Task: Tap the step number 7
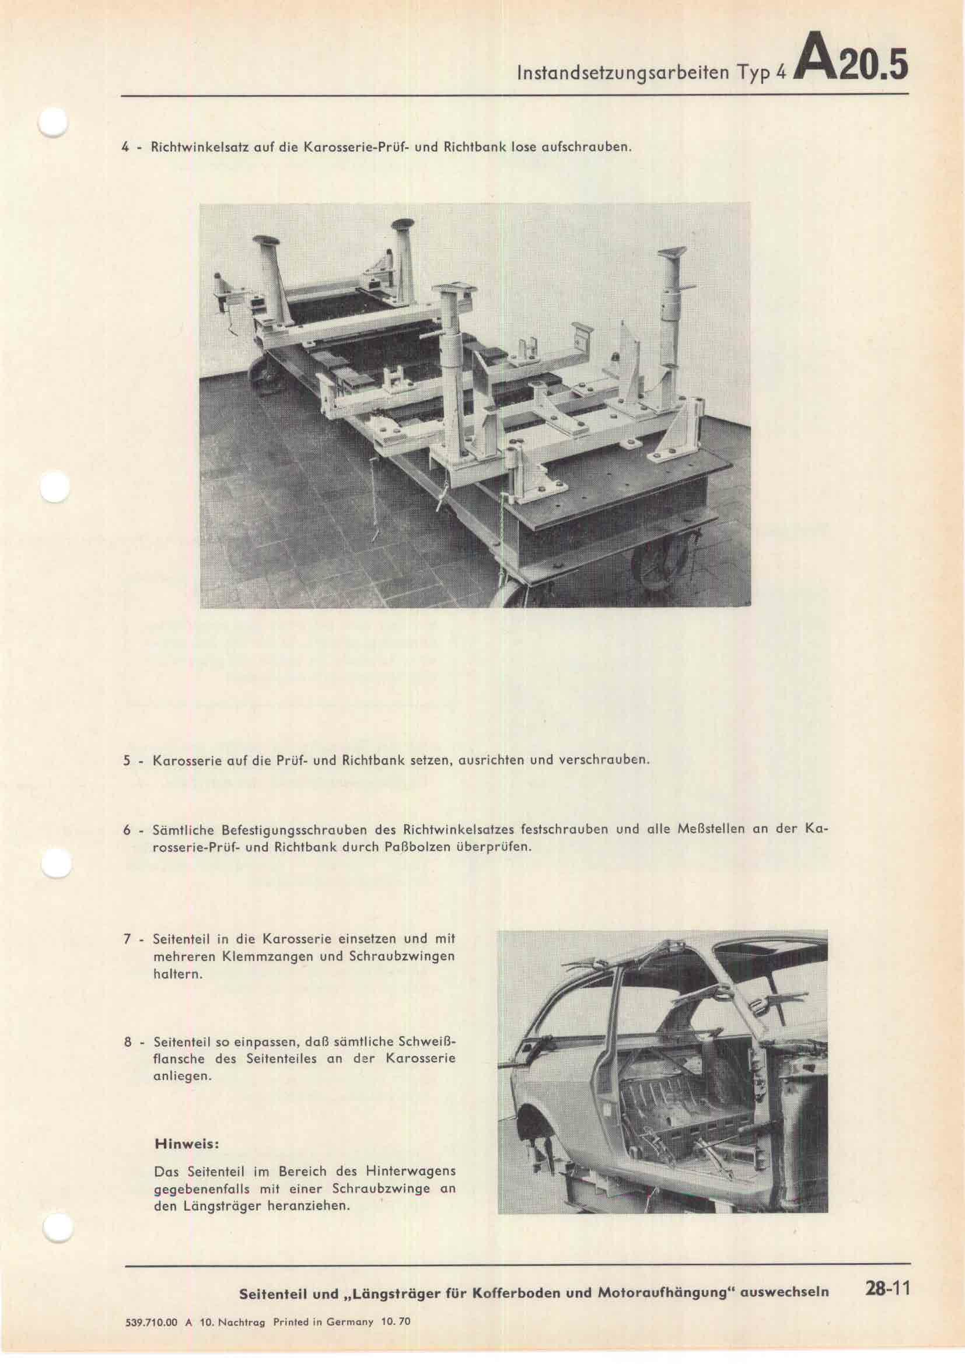pyautogui.click(x=127, y=939)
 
